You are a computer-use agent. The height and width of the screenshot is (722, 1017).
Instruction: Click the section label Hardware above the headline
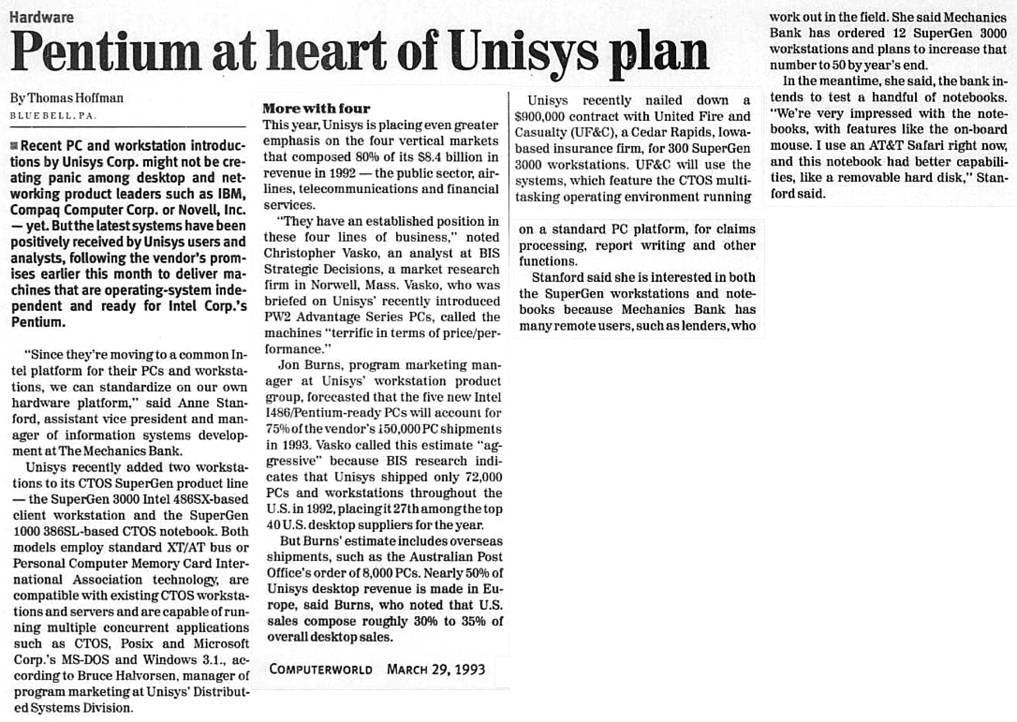click(41, 17)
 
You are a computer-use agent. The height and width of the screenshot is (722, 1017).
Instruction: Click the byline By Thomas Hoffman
click(67, 98)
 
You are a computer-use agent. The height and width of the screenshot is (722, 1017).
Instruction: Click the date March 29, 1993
click(436, 670)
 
